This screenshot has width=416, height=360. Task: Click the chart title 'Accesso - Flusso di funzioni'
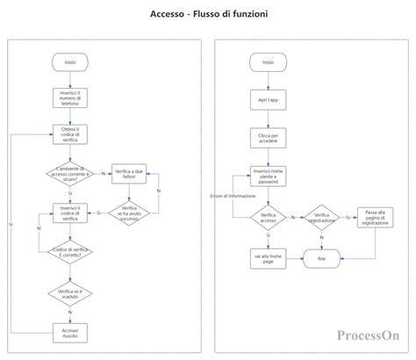pyautogui.click(x=208, y=14)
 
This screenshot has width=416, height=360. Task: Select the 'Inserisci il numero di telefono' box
pyautogui.click(x=69, y=97)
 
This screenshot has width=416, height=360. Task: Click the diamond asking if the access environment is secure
pyautogui.click(x=69, y=173)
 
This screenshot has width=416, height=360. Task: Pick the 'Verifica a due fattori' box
pyautogui.click(x=129, y=174)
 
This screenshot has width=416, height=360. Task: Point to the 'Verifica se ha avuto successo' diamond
pyautogui.click(x=129, y=212)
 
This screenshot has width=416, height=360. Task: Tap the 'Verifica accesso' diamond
pyautogui.click(x=268, y=218)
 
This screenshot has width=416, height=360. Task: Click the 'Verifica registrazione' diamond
pyautogui.click(x=321, y=218)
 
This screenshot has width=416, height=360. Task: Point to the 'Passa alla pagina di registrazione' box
pyautogui.click(x=374, y=218)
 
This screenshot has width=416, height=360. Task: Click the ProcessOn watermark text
pyautogui.click(x=368, y=335)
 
